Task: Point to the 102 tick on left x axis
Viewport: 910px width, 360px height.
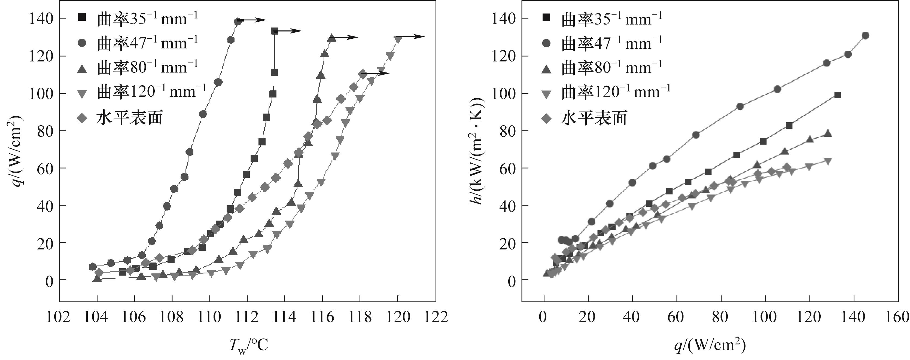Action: (59, 317)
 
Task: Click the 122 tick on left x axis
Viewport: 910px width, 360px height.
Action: (436, 317)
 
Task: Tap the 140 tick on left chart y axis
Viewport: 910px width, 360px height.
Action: (41, 19)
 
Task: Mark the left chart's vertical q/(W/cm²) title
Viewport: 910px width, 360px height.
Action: (16, 150)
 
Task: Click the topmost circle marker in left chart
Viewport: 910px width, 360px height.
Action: (238, 22)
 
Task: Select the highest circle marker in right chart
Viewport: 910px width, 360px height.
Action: (865, 36)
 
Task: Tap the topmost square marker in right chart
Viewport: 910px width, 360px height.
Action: (837, 95)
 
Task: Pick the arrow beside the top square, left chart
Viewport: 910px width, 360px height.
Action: (290, 31)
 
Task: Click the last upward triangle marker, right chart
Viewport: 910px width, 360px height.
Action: (827, 133)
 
